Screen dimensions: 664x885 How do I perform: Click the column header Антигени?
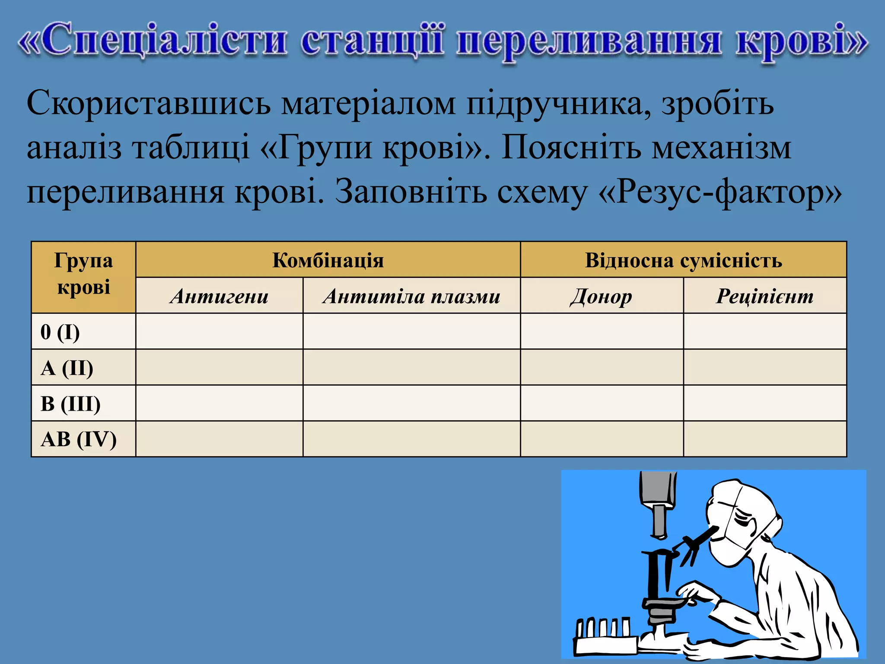(x=219, y=296)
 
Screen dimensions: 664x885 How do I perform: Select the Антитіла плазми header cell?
(x=411, y=296)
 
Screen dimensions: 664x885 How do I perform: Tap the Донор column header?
(x=602, y=297)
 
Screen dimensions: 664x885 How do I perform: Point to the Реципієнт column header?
(x=764, y=296)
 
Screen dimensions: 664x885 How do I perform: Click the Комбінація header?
(x=328, y=260)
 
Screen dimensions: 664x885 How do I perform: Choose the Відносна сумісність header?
(x=683, y=260)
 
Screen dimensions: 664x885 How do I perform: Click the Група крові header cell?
(x=83, y=274)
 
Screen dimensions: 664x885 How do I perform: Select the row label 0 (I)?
(x=60, y=332)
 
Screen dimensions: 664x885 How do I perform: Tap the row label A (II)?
(x=67, y=368)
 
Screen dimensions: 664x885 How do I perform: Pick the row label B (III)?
(x=70, y=404)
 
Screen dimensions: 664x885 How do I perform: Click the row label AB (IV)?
(x=79, y=439)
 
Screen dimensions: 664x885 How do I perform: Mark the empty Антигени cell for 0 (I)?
(x=219, y=332)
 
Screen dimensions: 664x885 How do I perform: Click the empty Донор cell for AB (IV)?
(x=602, y=439)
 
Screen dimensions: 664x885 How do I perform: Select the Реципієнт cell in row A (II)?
(x=764, y=367)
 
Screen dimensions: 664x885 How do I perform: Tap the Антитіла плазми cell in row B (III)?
(x=411, y=403)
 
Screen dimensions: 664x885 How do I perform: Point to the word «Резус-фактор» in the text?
(x=720, y=192)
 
